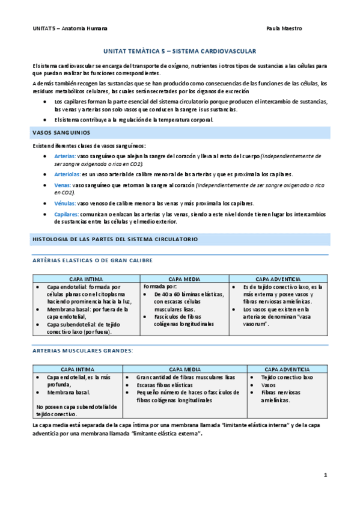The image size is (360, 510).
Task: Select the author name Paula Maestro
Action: [x=284, y=28]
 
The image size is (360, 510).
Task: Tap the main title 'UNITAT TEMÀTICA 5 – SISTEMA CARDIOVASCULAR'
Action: [x=180, y=52]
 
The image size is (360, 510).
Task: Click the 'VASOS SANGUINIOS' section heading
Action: [x=61, y=132]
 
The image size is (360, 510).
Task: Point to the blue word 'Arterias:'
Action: [x=65, y=156]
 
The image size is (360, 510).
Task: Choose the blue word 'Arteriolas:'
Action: [x=67, y=174]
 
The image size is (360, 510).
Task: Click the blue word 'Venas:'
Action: [x=63, y=185]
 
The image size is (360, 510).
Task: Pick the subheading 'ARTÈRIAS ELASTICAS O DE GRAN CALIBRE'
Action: [x=92, y=260]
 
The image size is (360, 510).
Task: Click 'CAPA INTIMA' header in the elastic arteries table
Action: [x=85, y=280]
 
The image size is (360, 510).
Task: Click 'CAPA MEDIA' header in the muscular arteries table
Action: [x=184, y=369]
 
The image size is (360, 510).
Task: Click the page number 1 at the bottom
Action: [x=325, y=476]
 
